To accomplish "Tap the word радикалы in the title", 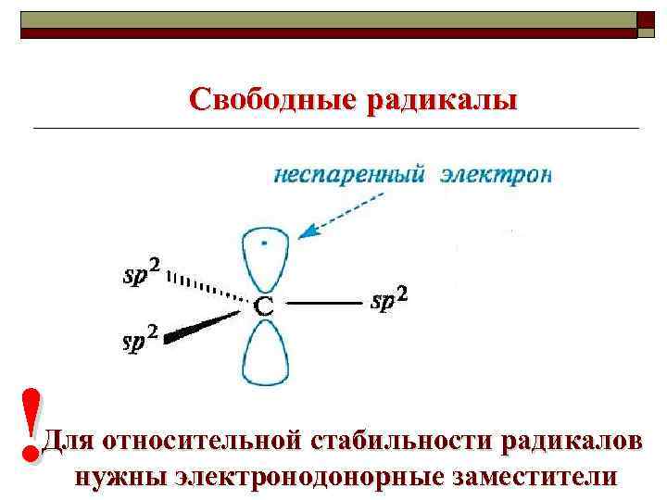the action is [x=441, y=98].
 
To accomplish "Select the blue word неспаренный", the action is [x=349, y=175].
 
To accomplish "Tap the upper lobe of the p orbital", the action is [x=265, y=254].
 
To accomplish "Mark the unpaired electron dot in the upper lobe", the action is [x=266, y=244].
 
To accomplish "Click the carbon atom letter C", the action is [x=264, y=306].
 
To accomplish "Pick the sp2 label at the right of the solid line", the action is [x=388, y=299].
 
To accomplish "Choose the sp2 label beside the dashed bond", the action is [x=142, y=272].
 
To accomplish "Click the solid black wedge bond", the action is [x=204, y=327].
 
